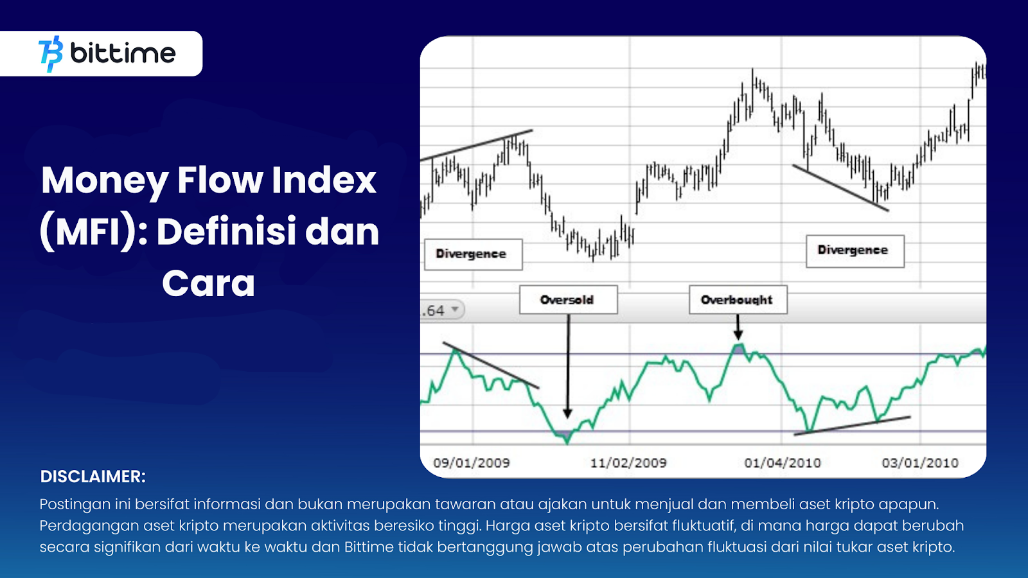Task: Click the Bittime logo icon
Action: tap(51, 54)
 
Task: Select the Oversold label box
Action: tap(568, 299)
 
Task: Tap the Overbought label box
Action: tap(738, 299)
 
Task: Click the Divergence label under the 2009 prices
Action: tap(473, 254)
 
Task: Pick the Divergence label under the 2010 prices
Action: tap(855, 251)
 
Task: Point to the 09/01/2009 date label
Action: tap(472, 462)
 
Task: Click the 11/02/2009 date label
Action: tap(628, 462)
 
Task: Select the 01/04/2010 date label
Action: tap(783, 462)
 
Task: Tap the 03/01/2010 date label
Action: tap(920, 462)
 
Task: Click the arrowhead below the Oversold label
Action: tap(568, 414)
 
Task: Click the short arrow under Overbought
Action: tap(738, 327)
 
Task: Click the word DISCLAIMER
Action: tap(93, 477)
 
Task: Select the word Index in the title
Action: tap(324, 180)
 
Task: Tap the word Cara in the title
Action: tap(208, 283)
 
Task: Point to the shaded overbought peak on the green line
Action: tap(738, 349)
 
